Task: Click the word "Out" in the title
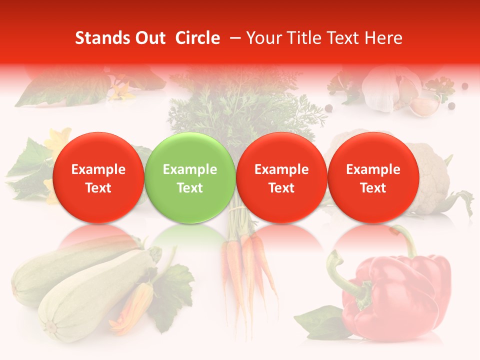point(149,38)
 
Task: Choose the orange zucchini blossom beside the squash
point(135,307)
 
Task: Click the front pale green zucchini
point(95,295)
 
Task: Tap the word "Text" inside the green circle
point(189,188)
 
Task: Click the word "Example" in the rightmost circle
point(373,169)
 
